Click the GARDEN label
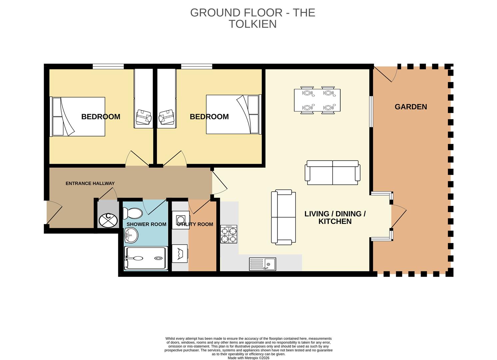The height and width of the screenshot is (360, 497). [411, 107]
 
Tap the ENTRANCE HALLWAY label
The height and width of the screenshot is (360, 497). [90, 183]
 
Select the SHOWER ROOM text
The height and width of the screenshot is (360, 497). [146, 224]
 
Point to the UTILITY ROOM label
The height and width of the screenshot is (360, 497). [195, 224]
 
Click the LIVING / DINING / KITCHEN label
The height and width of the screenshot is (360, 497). [335, 217]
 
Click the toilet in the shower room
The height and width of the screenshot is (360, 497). [133, 213]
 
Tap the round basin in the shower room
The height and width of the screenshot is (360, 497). [131, 236]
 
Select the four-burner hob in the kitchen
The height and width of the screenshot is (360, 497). [229, 234]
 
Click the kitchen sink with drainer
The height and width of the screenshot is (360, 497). [262, 264]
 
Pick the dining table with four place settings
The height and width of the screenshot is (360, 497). [317, 100]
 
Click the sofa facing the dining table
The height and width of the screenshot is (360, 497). [333, 173]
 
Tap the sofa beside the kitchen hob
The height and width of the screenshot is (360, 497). [283, 217]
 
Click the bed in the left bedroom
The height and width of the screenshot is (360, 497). [78, 117]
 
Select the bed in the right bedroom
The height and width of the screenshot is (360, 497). [233, 114]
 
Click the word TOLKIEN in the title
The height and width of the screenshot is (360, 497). [252, 24]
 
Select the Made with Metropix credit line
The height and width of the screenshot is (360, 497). [248, 358]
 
